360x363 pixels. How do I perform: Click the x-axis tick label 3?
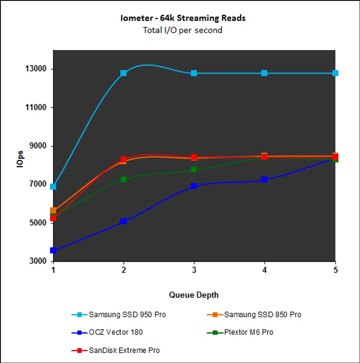tap(194, 270)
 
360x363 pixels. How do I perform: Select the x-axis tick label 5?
tap(335, 270)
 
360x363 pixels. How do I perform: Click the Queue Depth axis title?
tap(193, 294)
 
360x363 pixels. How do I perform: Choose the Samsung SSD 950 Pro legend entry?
tap(127, 315)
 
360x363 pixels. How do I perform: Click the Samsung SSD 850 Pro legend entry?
tap(262, 315)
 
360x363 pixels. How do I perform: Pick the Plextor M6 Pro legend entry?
tap(248, 332)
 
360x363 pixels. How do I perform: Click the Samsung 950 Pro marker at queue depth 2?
tap(123, 73)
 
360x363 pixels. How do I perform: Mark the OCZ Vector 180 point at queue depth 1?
tap(53, 250)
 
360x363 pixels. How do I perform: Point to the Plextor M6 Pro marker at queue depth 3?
tap(194, 170)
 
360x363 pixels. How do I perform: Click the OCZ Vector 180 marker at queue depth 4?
tap(264, 179)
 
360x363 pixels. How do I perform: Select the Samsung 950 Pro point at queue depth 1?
tap(53, 186)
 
